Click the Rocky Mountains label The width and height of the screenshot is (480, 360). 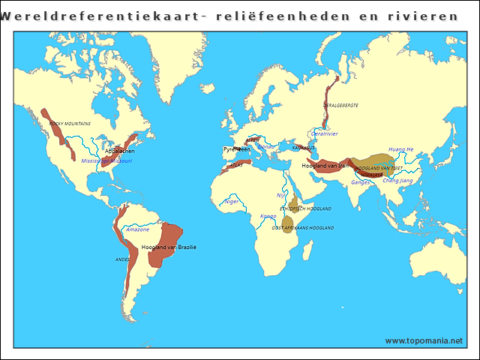click(70, 124)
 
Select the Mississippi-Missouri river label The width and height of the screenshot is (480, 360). click(106, 160)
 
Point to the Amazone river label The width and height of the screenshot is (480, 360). click(137, 229)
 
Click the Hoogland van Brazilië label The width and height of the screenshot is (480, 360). click(169, 247)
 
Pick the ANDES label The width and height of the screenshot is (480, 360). click(122, 259)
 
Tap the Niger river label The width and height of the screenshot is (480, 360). click(232, 201)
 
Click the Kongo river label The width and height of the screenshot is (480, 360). click(268, 216)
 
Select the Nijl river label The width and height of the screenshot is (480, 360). click(280, 195)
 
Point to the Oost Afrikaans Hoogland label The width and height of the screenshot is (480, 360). click(302, 227)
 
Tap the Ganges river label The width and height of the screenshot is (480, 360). click(361, 182)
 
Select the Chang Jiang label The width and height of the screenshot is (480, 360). click(397, 180)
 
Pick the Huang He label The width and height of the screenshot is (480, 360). click(400, 149)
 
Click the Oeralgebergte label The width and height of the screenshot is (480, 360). click(340, 105)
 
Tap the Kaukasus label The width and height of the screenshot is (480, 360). click(303, 148)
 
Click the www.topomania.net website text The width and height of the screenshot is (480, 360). click(424, 340)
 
